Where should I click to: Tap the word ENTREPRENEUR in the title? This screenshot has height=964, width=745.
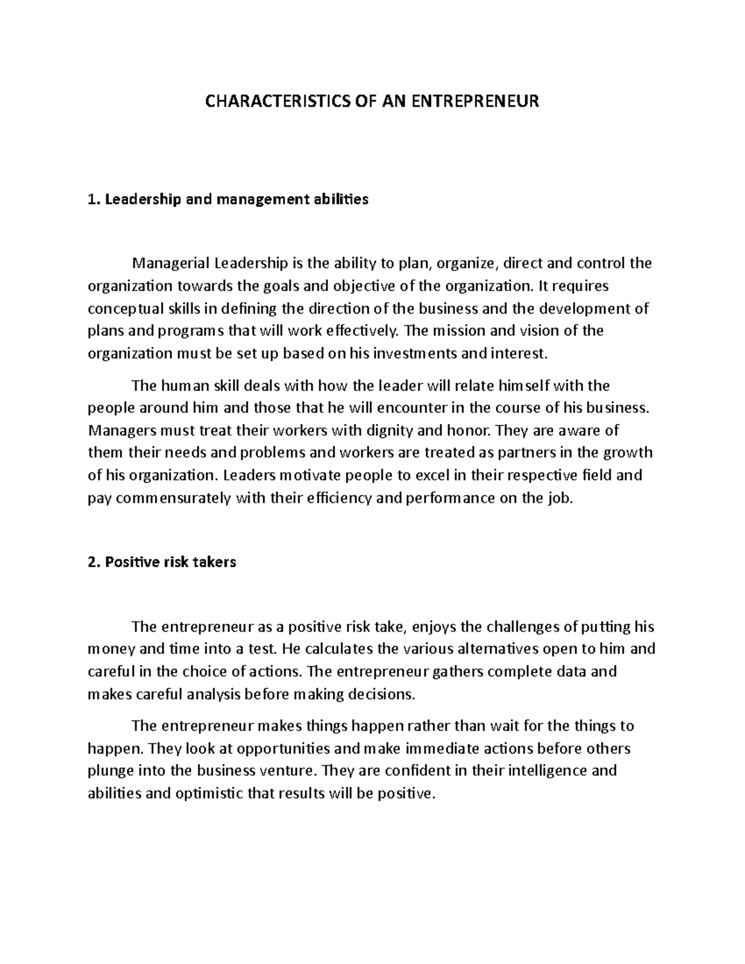(x=476, y=101)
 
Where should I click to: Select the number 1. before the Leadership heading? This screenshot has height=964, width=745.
(x=94, y=199)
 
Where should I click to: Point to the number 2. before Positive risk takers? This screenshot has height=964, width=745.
(x=94, y=562)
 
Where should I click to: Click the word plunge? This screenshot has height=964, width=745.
(x=109, y=771)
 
